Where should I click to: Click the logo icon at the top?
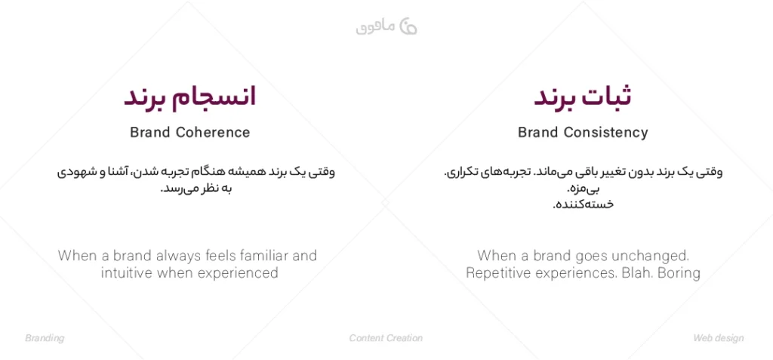click(x=408, y=26)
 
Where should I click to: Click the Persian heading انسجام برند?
click(x=189, y=97)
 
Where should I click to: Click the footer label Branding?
click(x=45, y=338)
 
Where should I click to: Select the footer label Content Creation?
click(x=386, y=338)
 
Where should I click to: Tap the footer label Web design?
click(x=719, y=338)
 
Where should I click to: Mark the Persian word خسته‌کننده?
click(x=584, y=205)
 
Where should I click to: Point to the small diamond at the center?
click(x=386, y=203)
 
